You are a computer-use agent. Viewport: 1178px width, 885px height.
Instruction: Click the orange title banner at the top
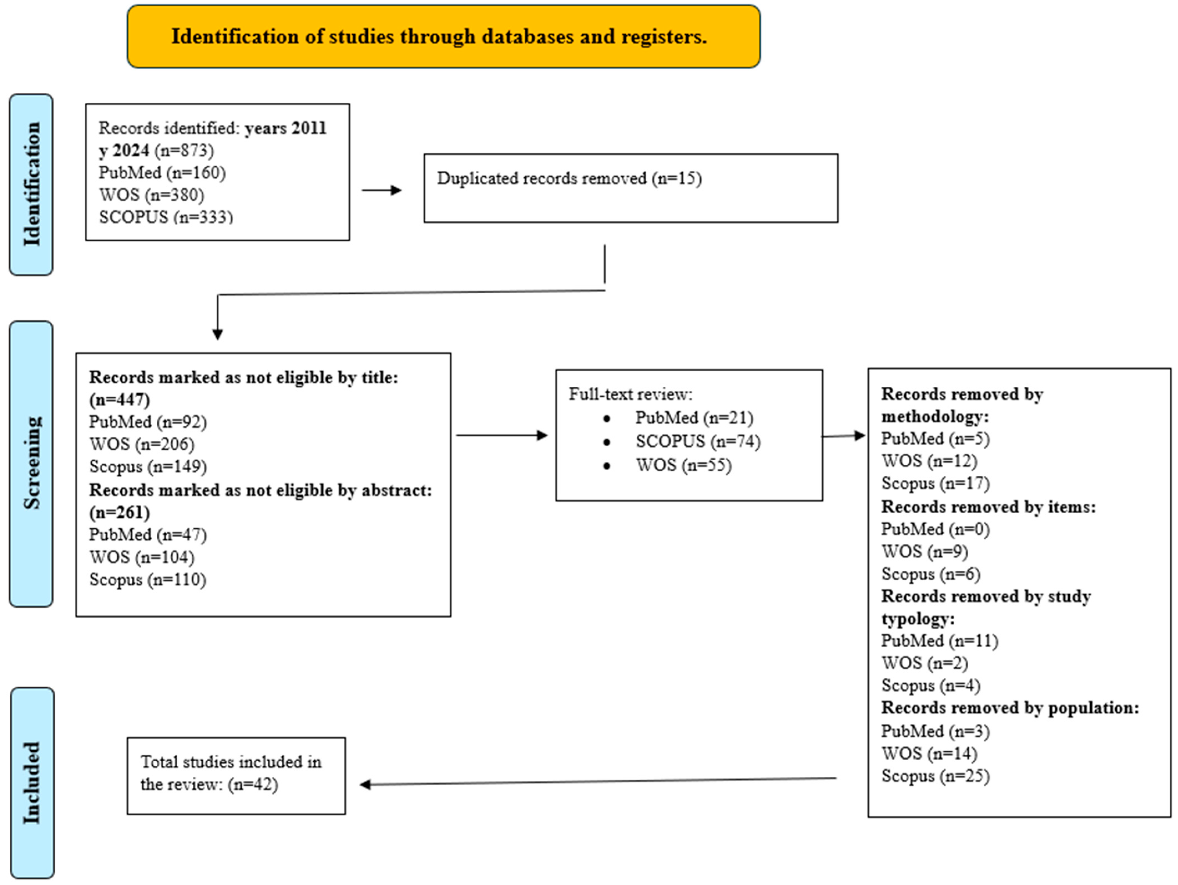tap(444, 36)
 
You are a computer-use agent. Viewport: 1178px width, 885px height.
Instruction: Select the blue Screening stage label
tap(31, 463)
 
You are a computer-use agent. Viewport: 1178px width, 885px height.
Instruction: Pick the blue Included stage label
tap(32, 783)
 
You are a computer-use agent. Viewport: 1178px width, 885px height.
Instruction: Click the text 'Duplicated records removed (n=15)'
tap(569, 178)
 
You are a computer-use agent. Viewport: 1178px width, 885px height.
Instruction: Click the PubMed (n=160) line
tap(162, 173)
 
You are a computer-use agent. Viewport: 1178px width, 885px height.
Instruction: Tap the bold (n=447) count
tap(119, 399)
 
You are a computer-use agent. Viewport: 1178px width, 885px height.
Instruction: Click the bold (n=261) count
tap(119, 512)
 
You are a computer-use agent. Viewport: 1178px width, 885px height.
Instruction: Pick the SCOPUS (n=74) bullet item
tap(698, 441)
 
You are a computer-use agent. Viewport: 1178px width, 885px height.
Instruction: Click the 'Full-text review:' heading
tap(631, 394)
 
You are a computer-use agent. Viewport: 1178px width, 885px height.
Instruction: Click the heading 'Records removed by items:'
tap(989, 507)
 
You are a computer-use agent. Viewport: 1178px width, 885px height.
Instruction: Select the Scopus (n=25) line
tap(935, 776)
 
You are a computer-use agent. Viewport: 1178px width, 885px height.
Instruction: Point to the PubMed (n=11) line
tap(939, 641)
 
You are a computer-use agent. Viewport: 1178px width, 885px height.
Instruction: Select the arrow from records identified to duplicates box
tap(381, 190)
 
